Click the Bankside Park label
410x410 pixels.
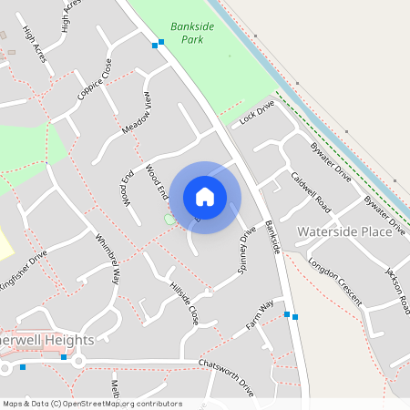tap(192, 33)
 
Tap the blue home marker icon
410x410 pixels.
tap(205, 197)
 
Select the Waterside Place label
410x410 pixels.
tap(344, 231)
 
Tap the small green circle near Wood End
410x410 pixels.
tap(169, 220)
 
